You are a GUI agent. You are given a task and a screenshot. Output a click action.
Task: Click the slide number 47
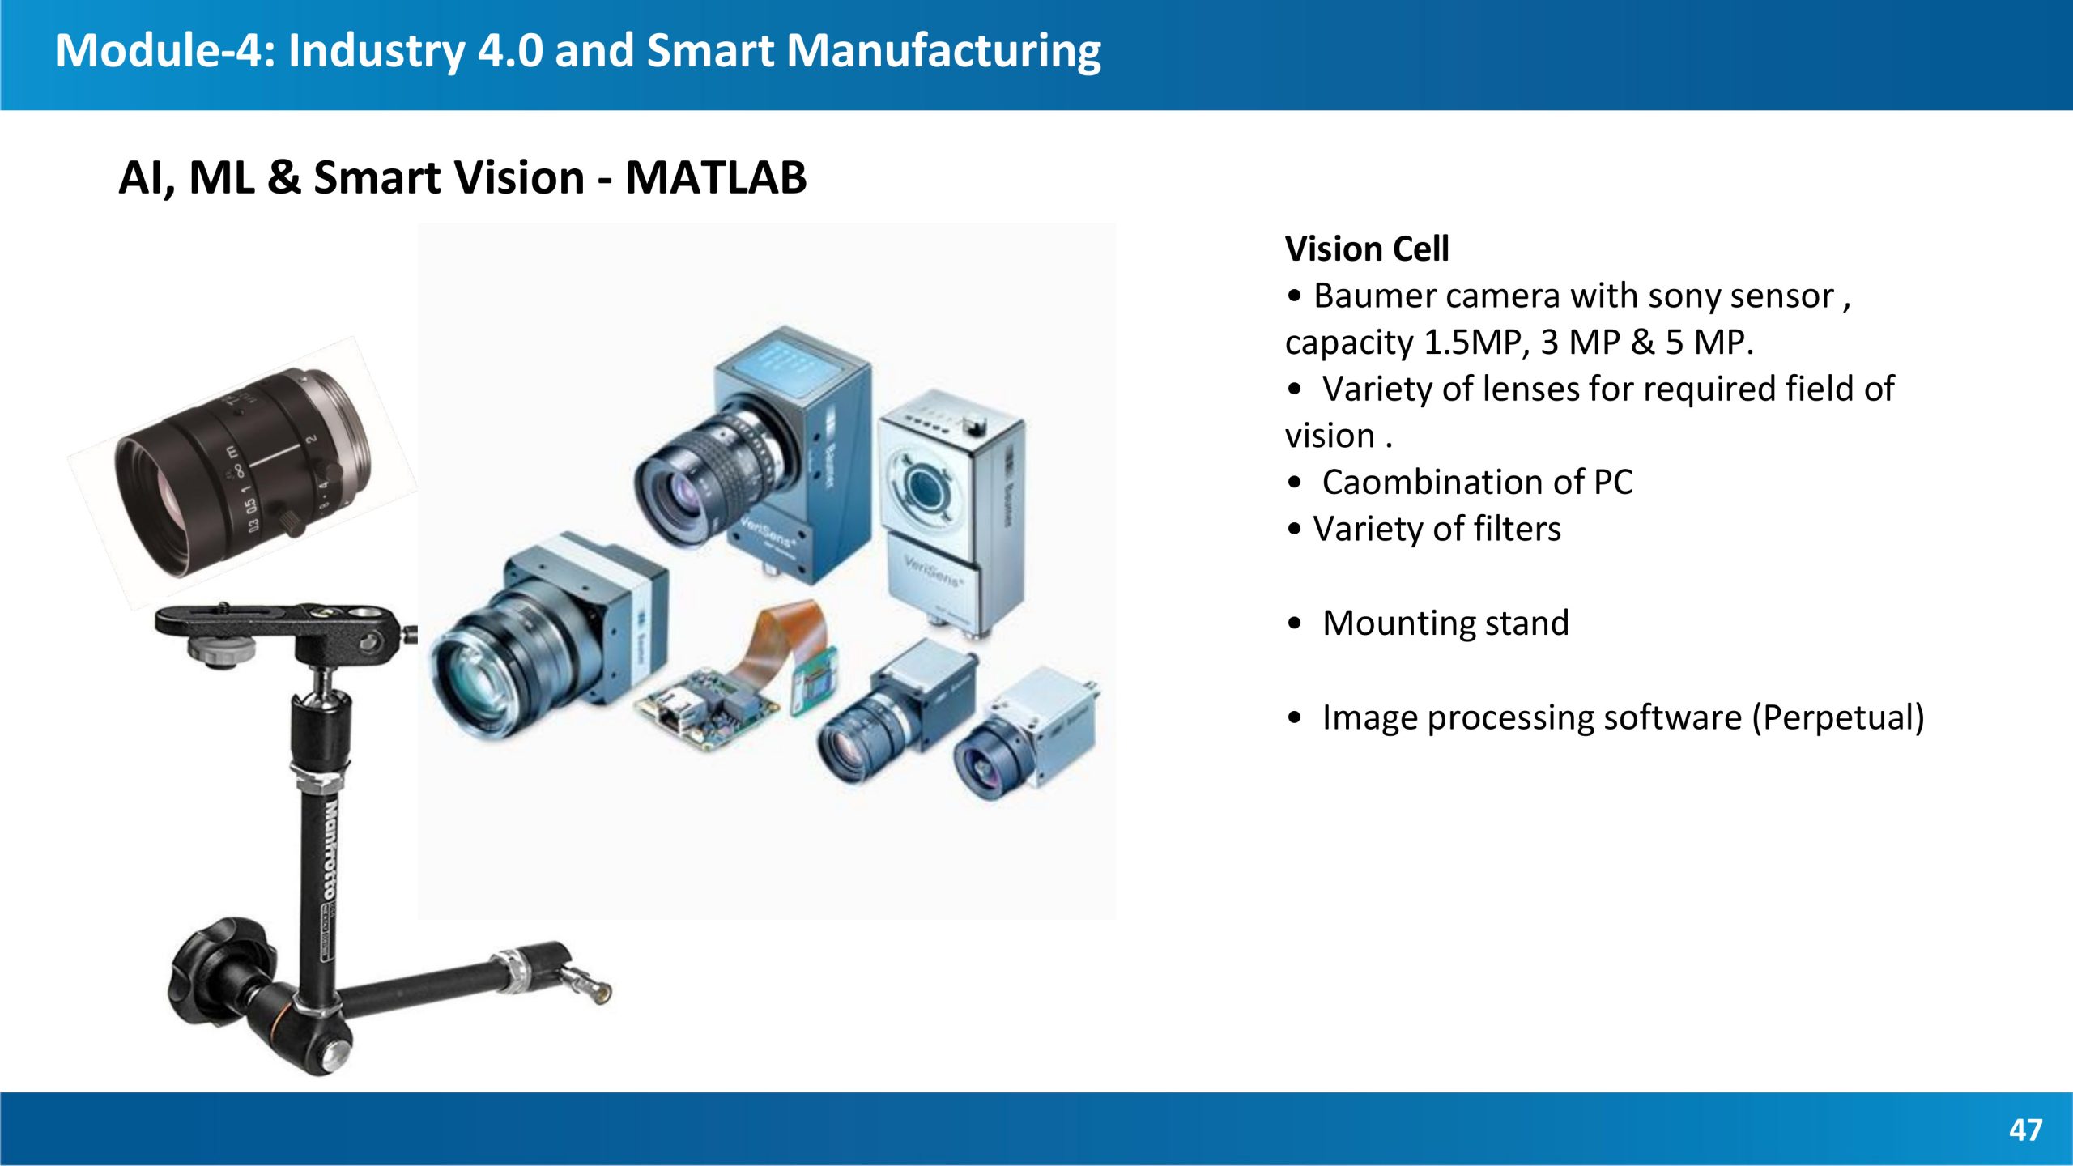2025,1130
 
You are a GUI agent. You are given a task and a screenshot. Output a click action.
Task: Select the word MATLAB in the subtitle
716,177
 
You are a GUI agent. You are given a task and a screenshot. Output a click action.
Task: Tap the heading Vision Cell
1367,249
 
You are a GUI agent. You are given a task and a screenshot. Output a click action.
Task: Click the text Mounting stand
1445,623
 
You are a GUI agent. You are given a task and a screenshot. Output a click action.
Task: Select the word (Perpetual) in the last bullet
1837,717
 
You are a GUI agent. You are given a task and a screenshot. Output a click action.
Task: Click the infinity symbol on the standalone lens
240,470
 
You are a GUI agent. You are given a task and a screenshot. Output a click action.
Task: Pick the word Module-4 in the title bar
159,50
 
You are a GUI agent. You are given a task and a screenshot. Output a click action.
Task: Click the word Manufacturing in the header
943,52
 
